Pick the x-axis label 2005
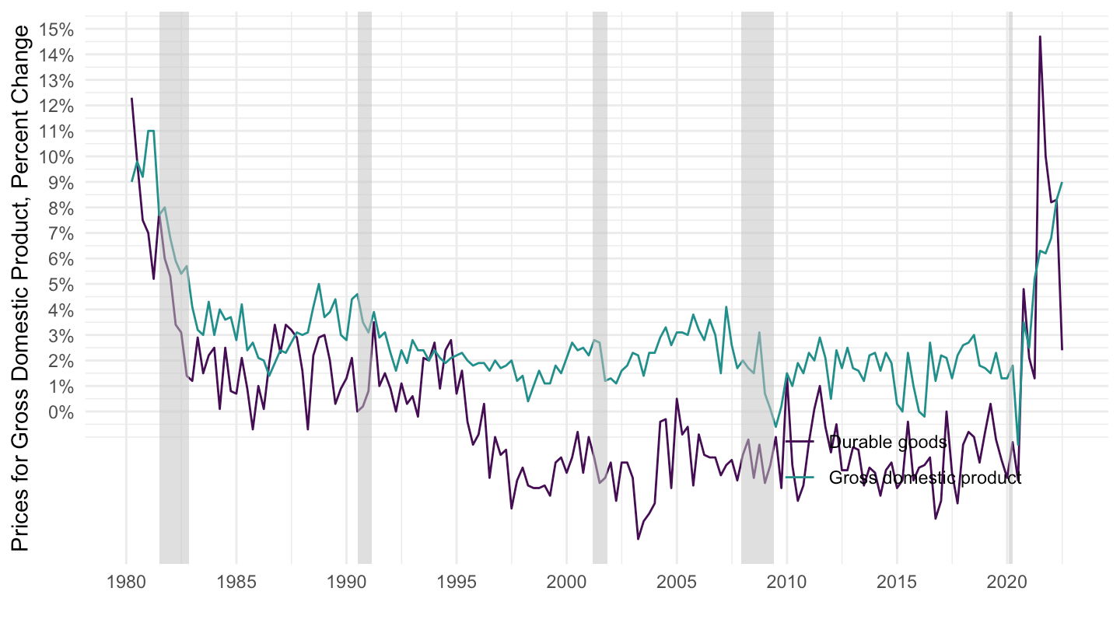pos(677,582)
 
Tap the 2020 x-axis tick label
pos(1007,582)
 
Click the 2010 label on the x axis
pos(787,582)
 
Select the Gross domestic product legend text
pos(925,478)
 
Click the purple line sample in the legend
pos(800,443)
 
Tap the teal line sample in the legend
pos(800,478)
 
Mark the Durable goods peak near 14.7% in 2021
pos(1040,37)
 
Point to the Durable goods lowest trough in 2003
pos(638,539)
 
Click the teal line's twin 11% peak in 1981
pos(151,131)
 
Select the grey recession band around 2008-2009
pos(757,233)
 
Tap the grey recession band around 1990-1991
pos(364,233)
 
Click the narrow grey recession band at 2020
pos(1010,233)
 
